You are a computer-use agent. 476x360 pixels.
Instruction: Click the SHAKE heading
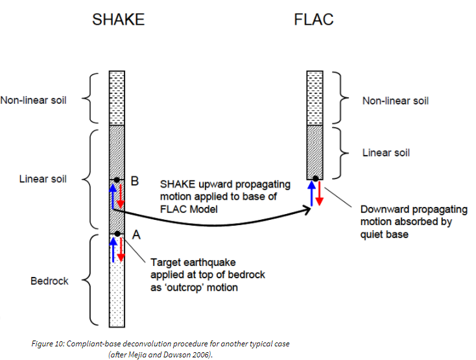[118, 19]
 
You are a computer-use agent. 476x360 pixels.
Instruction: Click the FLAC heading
[315, 19]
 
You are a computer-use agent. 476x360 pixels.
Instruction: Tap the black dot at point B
[117, 180]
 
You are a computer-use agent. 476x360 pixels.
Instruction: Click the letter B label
[134, 182]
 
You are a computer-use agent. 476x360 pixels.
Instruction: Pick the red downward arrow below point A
[121, 250]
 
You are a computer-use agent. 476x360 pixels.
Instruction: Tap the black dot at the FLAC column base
[315, 178]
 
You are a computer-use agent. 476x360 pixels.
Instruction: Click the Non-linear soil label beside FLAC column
[396, 101]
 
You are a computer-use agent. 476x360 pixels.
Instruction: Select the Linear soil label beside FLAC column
[386, 152]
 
